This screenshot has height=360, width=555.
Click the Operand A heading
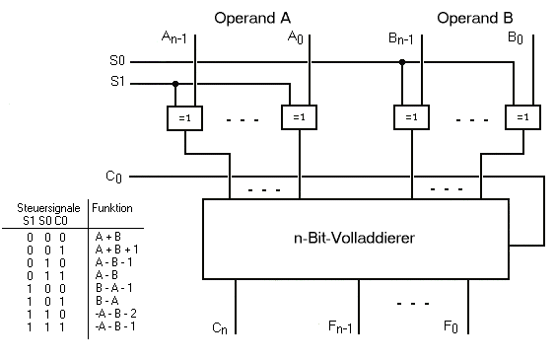tap(252, 18)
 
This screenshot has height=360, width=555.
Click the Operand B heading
tap(474, 18)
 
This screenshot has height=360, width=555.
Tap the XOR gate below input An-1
tap(184, 118)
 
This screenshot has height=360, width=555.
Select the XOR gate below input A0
tap(299, 117)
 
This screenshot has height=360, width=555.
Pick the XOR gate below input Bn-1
tap(411, 117)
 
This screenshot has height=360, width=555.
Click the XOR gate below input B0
tap(522, 117)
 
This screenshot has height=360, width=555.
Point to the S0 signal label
tap(117, 60)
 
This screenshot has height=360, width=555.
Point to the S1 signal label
tap(117, 82)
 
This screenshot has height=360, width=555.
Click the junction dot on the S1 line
tap(175, 84)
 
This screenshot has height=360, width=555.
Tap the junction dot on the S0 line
tap(402, 62)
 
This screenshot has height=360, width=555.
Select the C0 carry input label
tap(113, 177)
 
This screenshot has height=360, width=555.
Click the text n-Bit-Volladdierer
tap(354, 238)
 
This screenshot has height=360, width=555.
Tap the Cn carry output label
tap(220, 328)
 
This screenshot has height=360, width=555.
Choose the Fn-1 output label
tap(340, 326)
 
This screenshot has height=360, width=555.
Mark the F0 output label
tap(451, 326)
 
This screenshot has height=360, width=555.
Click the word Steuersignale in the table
tap(48, 208)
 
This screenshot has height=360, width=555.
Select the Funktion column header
tap(112, 208)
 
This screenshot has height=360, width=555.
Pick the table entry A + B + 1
tap(116, 250)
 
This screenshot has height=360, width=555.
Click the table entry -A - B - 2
tap(115, 314)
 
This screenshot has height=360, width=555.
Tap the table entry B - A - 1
tap(114, 288)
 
